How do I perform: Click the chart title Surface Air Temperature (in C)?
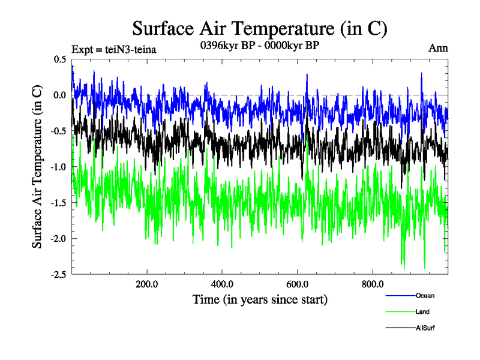260,28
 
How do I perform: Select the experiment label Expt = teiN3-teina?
113,50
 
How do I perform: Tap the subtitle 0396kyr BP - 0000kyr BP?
259,46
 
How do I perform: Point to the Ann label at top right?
438,48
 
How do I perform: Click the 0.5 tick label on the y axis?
60,59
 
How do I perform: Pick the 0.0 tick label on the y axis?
60,95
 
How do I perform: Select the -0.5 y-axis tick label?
59,131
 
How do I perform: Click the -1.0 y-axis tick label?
59,167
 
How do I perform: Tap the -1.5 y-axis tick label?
59,203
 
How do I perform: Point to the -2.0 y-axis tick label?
59,239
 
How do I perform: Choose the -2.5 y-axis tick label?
59,274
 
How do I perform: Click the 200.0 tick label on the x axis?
147,284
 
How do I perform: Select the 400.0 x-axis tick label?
222,284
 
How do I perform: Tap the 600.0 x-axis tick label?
298,284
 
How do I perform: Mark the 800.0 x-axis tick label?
373,284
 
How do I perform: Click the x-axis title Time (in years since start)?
260,299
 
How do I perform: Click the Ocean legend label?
425,295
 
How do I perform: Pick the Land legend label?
422,312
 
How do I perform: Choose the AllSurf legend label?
425,328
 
